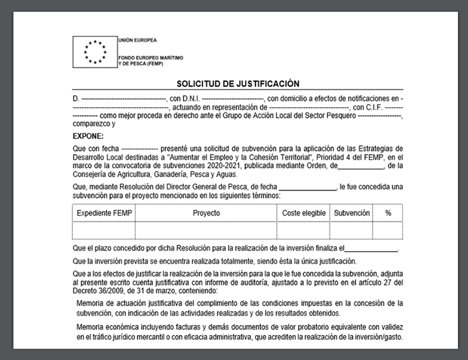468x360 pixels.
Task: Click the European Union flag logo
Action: pos(94,51)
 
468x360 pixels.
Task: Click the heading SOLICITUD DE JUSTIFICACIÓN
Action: pos(238,84)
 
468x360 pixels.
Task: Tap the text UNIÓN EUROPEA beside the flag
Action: pos(137,40)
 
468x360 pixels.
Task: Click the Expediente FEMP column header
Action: pos(104,213)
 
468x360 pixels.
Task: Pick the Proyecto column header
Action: pos(206,213)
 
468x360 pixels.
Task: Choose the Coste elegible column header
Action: pos(304,213)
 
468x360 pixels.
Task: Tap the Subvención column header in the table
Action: pos(351,213)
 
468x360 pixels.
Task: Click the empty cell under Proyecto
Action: pos(206,230)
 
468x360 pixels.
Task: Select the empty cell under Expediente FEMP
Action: pos(104,230)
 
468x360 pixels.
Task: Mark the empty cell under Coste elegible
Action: pos(304,230)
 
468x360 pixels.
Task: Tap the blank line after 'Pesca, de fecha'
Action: pos(307,187)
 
